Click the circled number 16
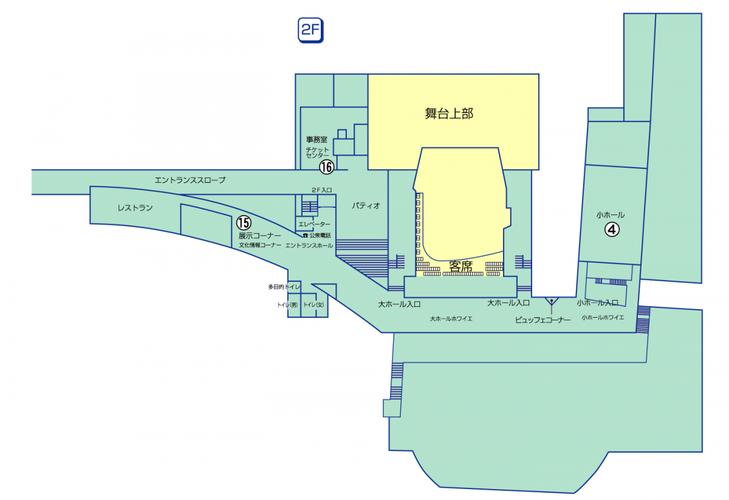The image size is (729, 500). click(x=327, y=166)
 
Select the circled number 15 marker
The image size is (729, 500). click(x=244, y=223)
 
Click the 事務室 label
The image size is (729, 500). click(x=317, y=140)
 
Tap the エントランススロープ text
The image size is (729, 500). click(x=190, y=180)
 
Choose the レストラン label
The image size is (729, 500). click(x=135, y=208)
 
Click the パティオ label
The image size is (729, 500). click(x=366, y=205)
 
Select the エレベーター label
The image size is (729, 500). click(x=314, y=225)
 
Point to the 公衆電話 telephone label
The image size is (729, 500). click(x=317, y=235)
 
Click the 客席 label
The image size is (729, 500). click(x=461, y=265)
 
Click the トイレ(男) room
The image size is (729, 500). click(x=287, y=305)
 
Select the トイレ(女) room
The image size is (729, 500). click(x=314, y=305)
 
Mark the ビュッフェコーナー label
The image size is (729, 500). click(x=542, y=320)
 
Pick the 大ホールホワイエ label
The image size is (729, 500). click(x=451, y=318)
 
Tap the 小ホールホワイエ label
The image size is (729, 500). click(x=603, y=317)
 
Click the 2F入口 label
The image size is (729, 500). click(x=321, y=190)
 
